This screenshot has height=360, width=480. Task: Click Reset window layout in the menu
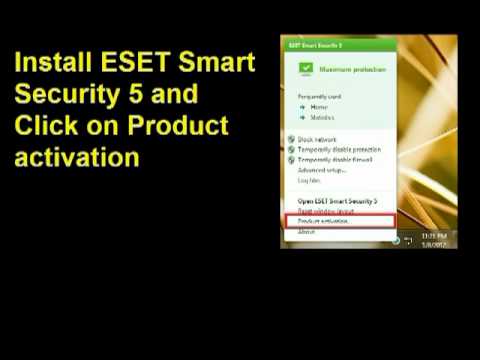(x=323, y=211)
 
